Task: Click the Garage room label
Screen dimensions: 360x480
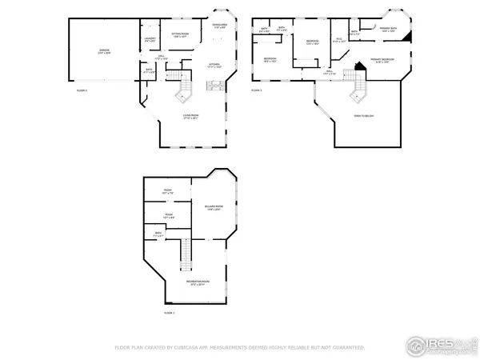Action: (x=104, y=51)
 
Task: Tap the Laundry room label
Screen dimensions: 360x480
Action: (x=150, y=39)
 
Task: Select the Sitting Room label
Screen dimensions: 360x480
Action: (x=180, y=35)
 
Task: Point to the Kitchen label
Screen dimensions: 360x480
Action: (x=214, y=66)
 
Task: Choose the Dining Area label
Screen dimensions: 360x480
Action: (x=220, y=26)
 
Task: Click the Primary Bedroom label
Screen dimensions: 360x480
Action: (x=379, y=61)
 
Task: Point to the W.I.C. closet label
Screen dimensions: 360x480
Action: (x=338, y=40)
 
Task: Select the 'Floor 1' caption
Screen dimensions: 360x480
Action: (x=167, y=313)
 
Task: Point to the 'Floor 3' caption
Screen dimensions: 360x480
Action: (x=256, y=90)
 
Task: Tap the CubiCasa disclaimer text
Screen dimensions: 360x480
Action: (x=240, y=348)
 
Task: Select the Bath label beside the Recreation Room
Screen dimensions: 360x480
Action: (x=159, y=234)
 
